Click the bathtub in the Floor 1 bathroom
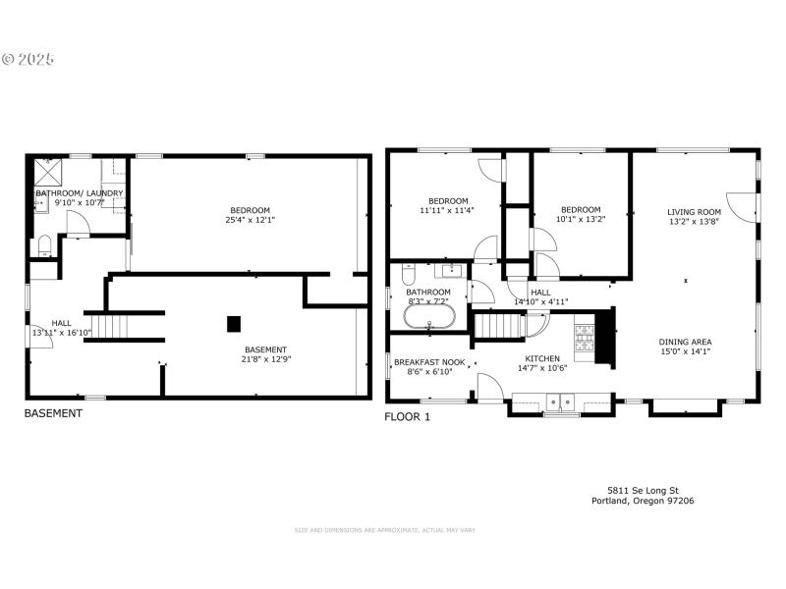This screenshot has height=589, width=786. [x=428, y=316]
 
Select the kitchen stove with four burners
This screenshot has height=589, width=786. [x=584, y=338]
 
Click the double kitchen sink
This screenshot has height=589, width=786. [x=560, y=401]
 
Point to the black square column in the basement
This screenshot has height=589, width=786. [x=234, y=323]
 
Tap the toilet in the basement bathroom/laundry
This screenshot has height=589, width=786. [x=43, y=245]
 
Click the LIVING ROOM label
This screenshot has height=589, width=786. [x=694, y=211]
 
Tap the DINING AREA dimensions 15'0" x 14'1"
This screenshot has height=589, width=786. [x=684, y=351]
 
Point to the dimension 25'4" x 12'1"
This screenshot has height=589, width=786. [x=250, y=220]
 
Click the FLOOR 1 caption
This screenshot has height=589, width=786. [x=407, y=416]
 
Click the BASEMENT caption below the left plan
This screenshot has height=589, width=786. [x=53, y=414]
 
